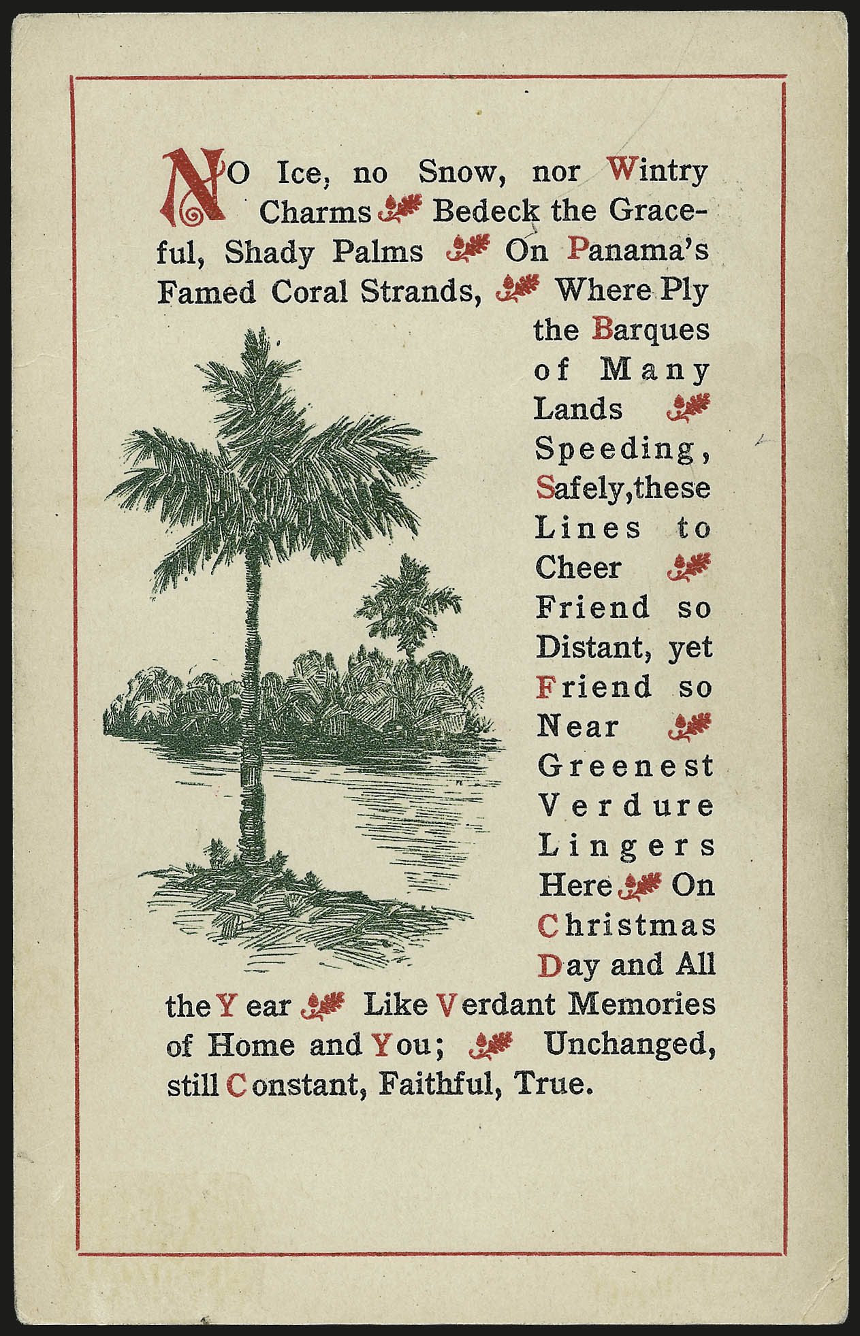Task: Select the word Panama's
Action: (x=638, y=250)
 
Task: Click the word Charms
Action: (x=315, y=212)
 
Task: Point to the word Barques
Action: (x=651, y=330)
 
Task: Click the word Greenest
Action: (x=625, y=766)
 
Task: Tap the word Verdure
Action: (x=626, y=806)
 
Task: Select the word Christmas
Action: (x=626, y=925)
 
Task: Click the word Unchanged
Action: (x=630, y=1044)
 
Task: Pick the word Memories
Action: (x=641, y=1004)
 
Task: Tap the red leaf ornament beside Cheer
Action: (x=689, y=566)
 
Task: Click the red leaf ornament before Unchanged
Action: (x=491, y=1045)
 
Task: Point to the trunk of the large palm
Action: (x=253, y=715)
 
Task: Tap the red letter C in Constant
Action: (x=236, y=1084)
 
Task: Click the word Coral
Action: (x=310, y=291)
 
